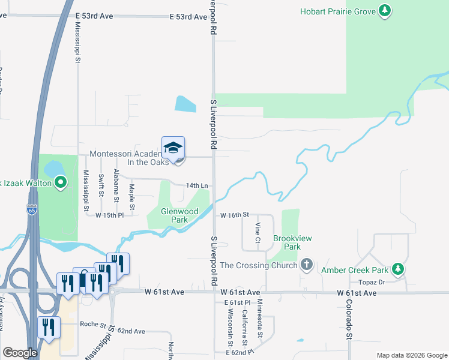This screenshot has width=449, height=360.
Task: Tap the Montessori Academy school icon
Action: [173, 148]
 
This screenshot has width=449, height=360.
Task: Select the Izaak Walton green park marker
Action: [60, 182]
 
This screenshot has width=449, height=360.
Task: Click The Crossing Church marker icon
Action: [306, 265]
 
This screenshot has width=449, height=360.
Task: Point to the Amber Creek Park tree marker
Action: [397, 269]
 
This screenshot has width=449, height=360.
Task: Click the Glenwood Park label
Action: [179, 215]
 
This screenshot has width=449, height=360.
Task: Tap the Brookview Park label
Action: [292, 242]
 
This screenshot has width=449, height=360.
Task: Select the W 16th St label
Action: [234, 215]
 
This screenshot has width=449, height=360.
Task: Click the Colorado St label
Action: [347, 320]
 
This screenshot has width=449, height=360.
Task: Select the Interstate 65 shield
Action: [31, 210]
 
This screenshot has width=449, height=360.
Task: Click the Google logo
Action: [20, 353]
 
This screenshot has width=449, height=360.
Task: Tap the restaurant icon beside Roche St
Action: [49, 327]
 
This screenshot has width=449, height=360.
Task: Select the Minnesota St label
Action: [259, 318]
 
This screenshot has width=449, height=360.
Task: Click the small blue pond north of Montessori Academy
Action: [185, 104]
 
